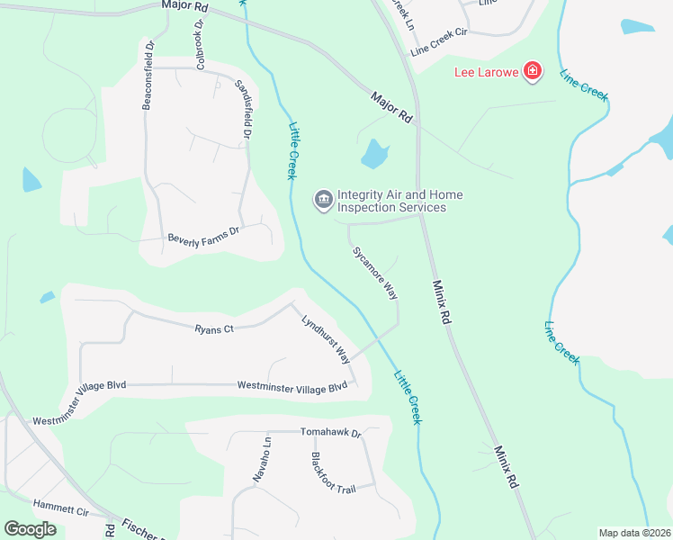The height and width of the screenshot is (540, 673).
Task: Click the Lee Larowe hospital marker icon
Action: coord(533,71)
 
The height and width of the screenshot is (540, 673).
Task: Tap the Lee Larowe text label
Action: coord(485,72)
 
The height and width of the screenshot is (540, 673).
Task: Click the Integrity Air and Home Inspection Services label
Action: coord(391,201)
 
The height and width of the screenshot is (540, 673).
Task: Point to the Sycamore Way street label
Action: coord(374,273)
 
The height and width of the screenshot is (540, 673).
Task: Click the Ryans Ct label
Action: coord(214,329)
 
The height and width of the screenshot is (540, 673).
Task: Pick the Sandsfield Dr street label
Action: coord(241,108)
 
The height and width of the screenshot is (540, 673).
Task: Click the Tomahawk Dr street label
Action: coord(330,433)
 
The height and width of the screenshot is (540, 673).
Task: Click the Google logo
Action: coord(30,529)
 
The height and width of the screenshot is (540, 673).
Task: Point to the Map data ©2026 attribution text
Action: coord(633,533)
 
